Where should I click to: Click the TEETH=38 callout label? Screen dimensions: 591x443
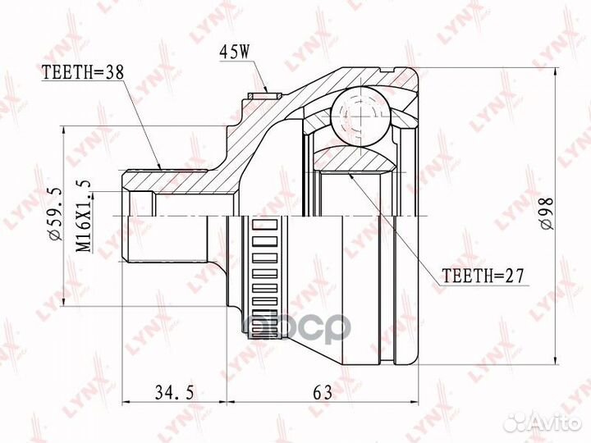click(83, 72)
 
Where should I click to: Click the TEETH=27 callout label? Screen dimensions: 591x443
click(483, 276)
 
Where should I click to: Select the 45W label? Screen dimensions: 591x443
click(234, 53)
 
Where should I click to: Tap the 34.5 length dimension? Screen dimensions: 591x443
click(174, 393)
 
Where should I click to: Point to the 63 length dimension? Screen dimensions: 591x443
click(323, 393)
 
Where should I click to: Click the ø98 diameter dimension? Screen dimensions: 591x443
click(546, 213)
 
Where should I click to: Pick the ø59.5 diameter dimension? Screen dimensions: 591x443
click(55, 213)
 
